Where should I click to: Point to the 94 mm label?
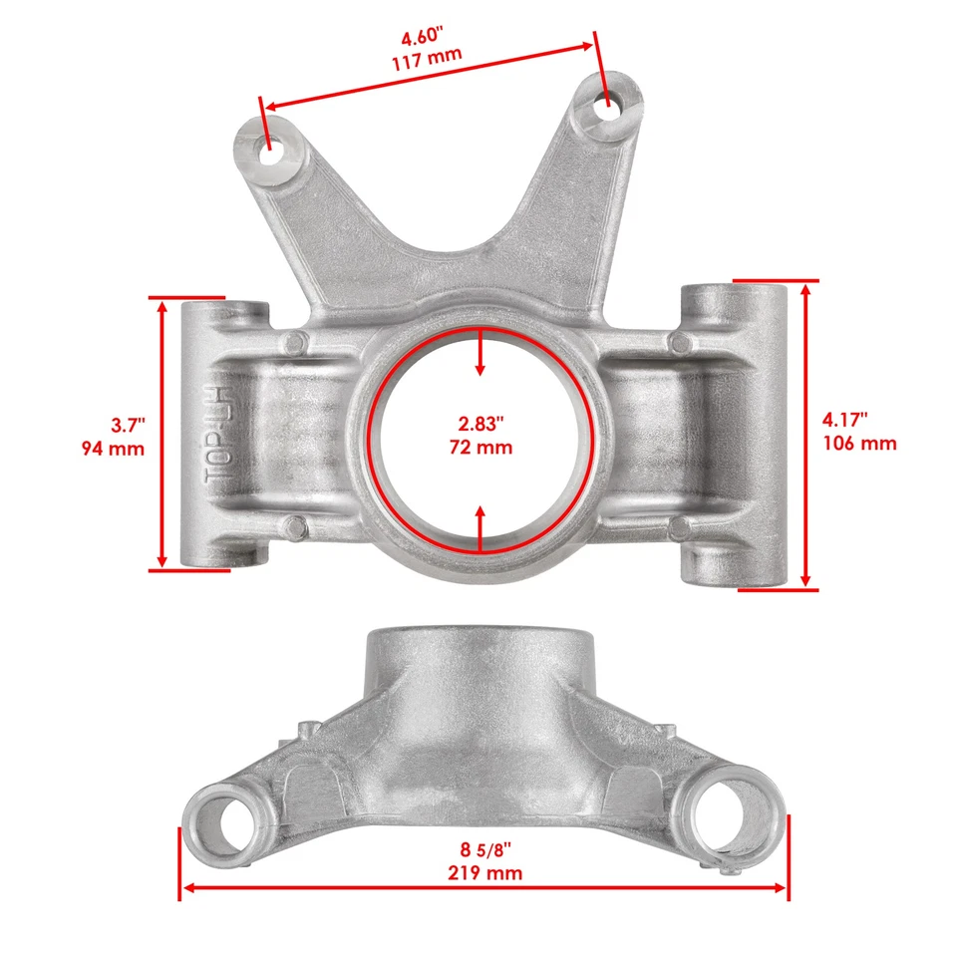[x=113, y=449]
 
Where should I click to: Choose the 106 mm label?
[x=859, y=443]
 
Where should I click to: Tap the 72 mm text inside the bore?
[x=480, y=447]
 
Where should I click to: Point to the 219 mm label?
[x=484, y=873]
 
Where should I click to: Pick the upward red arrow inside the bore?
[x=480, y=526]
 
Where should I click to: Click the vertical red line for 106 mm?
[x=805, y=435]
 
